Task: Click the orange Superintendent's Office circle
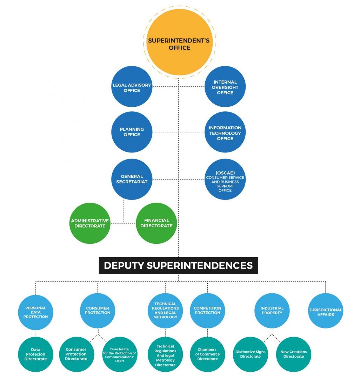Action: (x=179, y=42)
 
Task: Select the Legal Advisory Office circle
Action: (x=132, y=87)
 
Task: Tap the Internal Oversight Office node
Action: (x=225, y=87)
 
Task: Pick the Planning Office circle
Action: (x=132, y=132)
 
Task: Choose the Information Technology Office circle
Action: (x=225, y=132)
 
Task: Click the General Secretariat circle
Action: (x=132, y=179)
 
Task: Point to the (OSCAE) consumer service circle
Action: (x=225, y=180)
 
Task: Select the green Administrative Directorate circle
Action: (x=90, y=223)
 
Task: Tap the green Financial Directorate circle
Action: (x=156, y=223)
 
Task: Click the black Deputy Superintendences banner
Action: (x=178, y=266)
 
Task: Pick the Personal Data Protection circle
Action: (x=35, y=312)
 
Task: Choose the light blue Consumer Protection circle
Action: (x=98, y=311)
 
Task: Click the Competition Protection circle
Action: (x=207, y=311)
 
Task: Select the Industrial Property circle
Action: (x=272, y=311)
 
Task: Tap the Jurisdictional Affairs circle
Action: (x=326, y=311)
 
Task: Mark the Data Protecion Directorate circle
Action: (x=35, y=354)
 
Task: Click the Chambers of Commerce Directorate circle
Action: (x=207, y=354)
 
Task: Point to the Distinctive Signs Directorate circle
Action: (x=250, y=354)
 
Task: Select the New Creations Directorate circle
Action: (x=294, y=354)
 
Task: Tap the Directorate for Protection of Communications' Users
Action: (x=119, y=354)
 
